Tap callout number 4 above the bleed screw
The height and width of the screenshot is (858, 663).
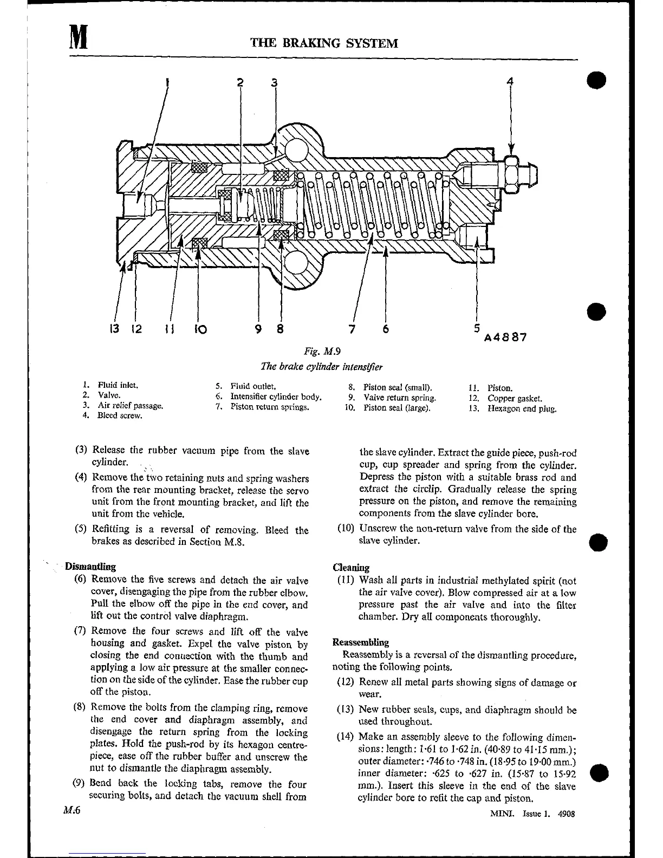(509, 82)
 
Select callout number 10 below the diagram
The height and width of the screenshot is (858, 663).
(200, 328)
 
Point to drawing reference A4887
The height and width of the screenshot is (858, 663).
(505, 337)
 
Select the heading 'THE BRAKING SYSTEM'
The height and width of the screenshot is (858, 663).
(324, 43)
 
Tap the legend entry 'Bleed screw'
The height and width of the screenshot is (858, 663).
(119, 415)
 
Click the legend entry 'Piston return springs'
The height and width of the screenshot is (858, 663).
(269, 406)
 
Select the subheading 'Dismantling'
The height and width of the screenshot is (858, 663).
(90, 567)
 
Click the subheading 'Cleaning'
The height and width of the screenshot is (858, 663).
(351, 568)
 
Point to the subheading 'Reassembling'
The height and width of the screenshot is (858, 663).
(360, 642)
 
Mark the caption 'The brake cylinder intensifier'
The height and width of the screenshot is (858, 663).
(322, 367)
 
